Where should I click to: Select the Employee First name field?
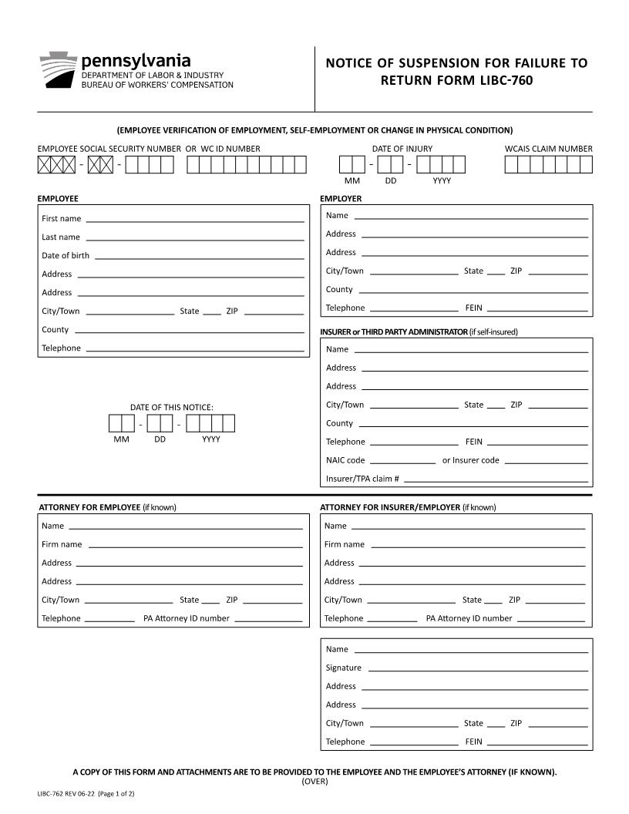click(194, 219)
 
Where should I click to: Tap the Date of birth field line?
click(199, 256)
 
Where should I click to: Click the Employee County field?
click(189, 330)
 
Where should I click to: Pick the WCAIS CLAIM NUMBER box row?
click(548, 164)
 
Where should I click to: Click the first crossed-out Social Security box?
click(44, 164)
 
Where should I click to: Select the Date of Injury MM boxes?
click(351, 164)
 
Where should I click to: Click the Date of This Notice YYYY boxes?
click(210, 423)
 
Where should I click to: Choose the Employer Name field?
click(470, 216)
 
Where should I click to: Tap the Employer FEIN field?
click(536, 308)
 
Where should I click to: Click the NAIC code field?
click(402, 461)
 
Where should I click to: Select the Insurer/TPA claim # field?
click(496, 479)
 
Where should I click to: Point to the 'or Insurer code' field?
click(546, 461)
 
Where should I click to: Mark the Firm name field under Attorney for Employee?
click(195, 545)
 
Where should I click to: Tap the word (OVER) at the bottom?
click(314, 781)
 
